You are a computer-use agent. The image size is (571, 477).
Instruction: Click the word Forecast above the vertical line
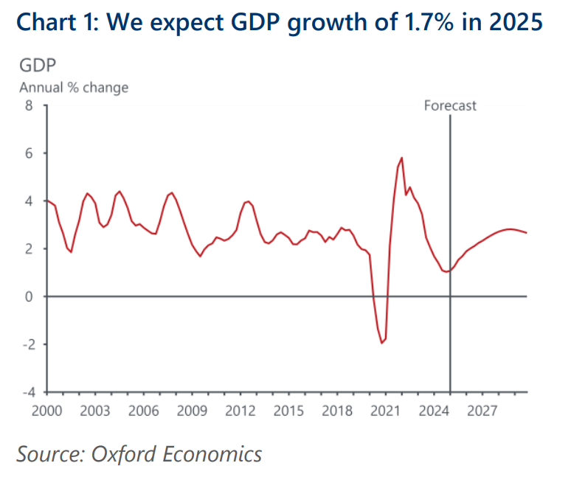coord(450,105)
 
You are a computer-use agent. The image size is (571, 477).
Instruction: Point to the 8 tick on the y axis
coord(30,105)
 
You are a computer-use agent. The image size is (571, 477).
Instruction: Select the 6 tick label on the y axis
coord(30,153)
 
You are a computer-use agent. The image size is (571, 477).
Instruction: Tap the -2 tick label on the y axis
coord(27,344)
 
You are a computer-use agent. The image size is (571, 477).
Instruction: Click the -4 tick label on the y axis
coord(27,392)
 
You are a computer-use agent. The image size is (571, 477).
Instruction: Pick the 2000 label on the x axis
coord(46,411)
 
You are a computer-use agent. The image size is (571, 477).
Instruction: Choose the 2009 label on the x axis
coord(191,411)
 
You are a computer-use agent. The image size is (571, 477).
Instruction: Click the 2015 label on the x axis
coord(288,411)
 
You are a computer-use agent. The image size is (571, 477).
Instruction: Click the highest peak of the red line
coord(401,158)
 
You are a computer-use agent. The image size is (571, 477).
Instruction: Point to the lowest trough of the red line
coord(382,343)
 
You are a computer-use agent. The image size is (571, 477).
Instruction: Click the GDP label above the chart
coord(35,66)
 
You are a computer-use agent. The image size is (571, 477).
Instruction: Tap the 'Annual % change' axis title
coord(74,88)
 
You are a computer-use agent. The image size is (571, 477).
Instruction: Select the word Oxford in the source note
coord(121,454)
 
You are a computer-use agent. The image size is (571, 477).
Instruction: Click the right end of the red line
coord(527,233)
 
